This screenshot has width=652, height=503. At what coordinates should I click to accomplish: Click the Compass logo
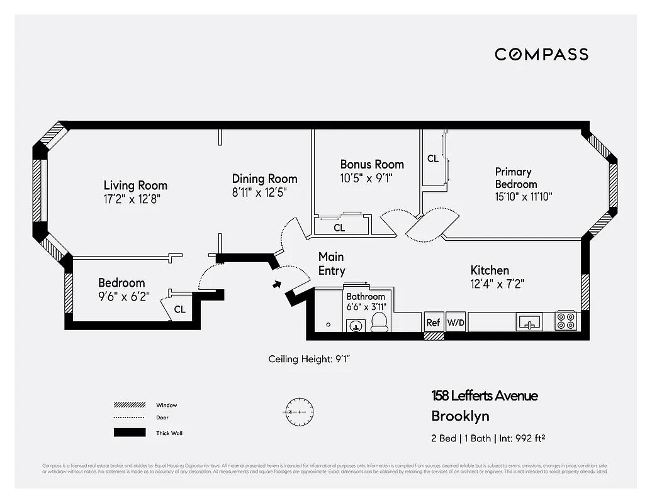[x=541, y=54]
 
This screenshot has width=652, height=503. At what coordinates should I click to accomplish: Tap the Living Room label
[x=135, y=185]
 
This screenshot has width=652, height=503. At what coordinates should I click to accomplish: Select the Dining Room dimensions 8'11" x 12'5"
[x=264, y=194]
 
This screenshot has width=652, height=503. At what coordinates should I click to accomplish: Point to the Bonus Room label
[x=372, y=165]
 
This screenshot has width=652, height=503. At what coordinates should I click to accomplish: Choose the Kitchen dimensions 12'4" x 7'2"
[x=497, y=284]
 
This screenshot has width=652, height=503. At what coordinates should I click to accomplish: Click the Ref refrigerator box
[x=434, y=323]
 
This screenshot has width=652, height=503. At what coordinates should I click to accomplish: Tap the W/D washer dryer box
[x=455, y=323]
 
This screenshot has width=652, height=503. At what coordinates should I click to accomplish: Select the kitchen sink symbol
[x=529, y=323]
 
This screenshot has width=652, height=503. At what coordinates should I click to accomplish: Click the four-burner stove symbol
[x=565, y=321]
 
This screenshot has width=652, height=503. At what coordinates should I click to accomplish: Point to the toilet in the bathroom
[x=379, y=323]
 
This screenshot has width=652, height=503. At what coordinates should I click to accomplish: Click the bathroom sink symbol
[x=355, y=326]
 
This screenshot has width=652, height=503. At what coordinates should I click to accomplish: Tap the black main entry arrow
[x=276, y=284]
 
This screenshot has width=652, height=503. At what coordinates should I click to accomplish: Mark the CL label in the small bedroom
[x=180, y=309]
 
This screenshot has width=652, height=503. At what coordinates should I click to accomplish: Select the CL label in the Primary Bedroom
[x=433, y=159]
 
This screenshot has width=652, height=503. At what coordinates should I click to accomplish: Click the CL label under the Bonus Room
[x=339, y=228]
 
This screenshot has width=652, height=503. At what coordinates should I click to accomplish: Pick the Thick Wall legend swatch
[x=129, y=433]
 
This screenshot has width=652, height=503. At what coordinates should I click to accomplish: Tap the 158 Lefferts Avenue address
[x=485, y=396]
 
